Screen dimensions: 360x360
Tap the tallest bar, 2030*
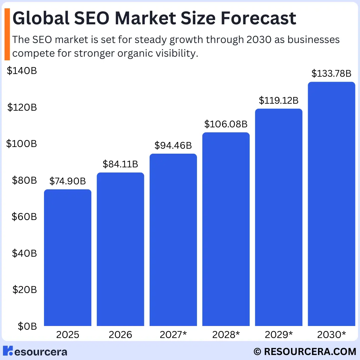331,204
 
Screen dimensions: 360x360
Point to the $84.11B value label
120,164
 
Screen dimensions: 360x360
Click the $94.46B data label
173,145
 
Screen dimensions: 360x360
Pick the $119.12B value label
279,100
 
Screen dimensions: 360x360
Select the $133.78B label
331,73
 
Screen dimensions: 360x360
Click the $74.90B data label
68,181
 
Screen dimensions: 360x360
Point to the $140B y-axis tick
22,71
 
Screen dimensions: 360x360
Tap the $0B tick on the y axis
25,326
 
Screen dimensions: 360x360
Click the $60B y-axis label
24,217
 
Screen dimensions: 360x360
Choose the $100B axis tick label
22,144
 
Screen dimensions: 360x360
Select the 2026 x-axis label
120,335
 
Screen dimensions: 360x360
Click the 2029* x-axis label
279,335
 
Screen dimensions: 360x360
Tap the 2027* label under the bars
173,335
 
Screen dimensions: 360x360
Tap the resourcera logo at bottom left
35,351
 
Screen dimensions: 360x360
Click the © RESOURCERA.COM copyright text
305,351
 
